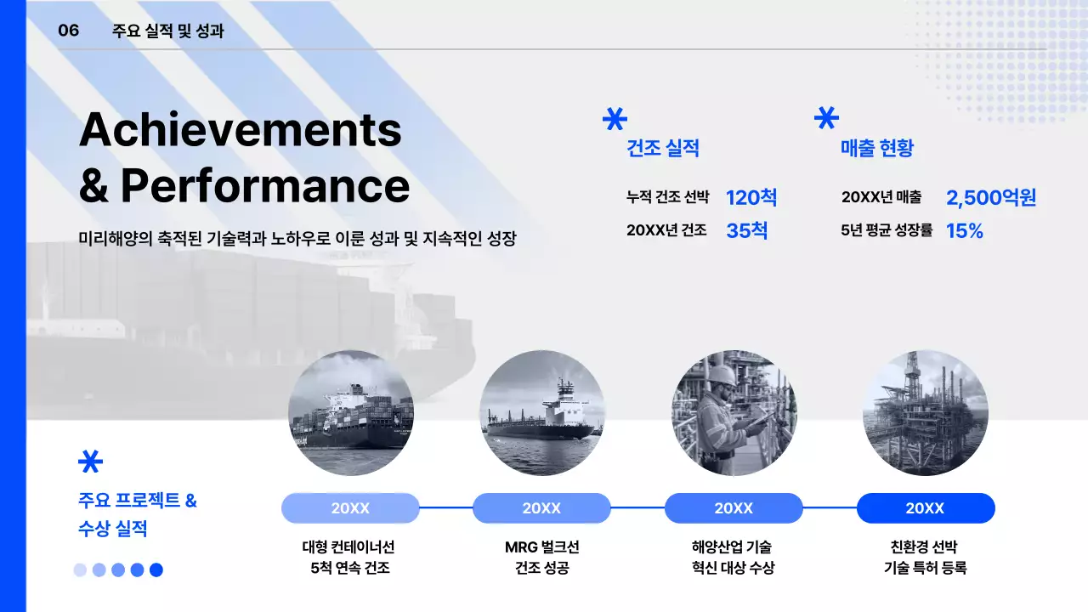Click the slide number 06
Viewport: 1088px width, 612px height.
[x=68, y=31]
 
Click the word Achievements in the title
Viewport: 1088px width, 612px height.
[x=240, y=130]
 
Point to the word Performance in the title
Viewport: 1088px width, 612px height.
[x=264, y=185]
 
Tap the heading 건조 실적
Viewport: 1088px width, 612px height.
[x=662, y=149]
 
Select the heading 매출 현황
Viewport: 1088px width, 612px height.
[x=876, y=149]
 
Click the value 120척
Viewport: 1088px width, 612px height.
[x=751, y=198]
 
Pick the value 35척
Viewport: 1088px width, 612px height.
[x=746, y=230]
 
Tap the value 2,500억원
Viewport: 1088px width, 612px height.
[x=991, y=198]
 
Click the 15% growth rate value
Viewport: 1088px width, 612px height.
[x=964, y=230]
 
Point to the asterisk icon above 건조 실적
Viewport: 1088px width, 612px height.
[x=614, y=118]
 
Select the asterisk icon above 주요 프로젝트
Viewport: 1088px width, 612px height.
[x=90, y=461]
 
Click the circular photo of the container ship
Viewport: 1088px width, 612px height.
[x=351, y=413]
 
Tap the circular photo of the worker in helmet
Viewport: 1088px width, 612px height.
[x=734, y=413]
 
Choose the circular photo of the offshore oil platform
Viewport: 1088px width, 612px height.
[x=925, y=413]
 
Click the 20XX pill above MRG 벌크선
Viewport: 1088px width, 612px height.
[x=541, y=508]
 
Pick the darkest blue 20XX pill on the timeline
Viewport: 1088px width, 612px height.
[x=925, y=508]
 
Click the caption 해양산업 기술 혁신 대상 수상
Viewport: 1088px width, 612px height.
[x=733, y=558]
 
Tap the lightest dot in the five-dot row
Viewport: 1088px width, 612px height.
[x=80, y=570]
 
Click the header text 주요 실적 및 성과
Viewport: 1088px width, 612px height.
[x=167, y=31]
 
